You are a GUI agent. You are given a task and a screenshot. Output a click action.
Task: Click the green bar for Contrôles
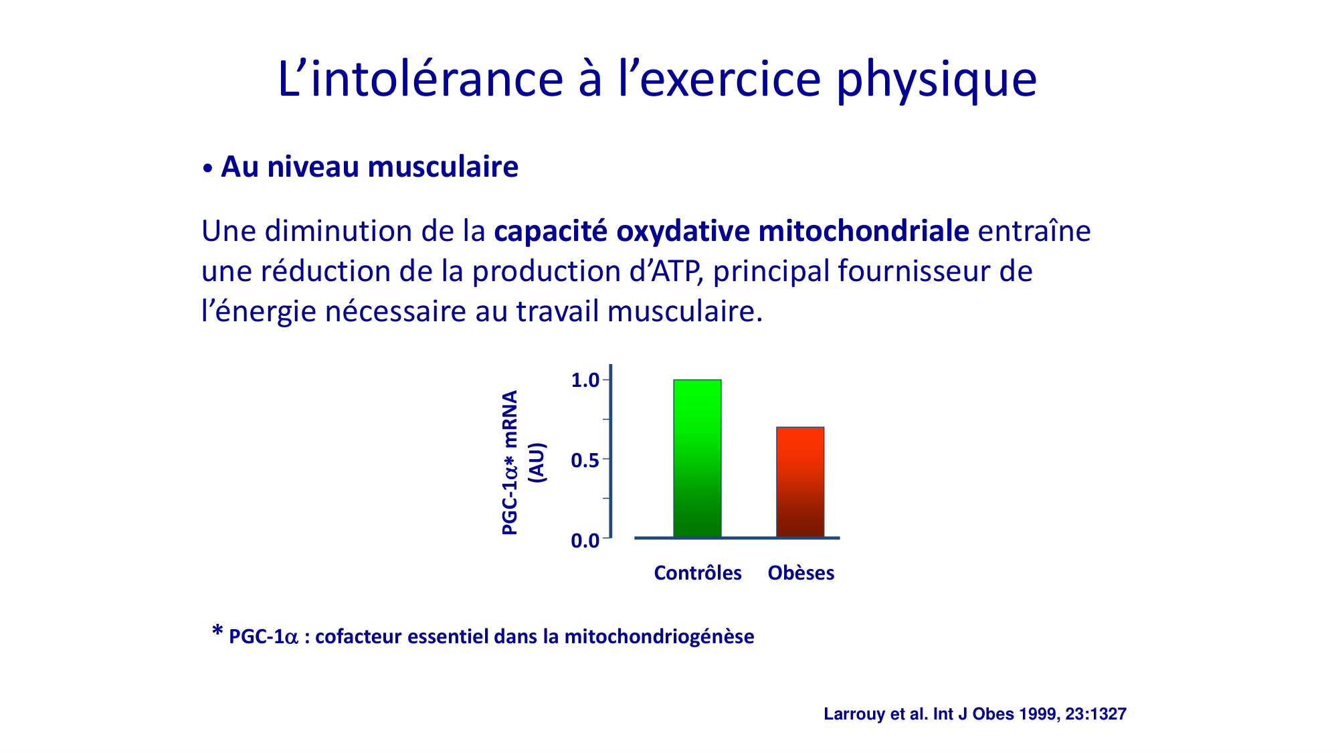tap(697, 458)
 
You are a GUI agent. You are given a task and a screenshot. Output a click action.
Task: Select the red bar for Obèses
tap(800, 482)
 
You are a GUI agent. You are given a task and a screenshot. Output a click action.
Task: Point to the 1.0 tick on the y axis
tap(585, 380)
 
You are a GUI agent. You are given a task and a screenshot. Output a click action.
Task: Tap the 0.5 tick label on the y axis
tap(585, 461)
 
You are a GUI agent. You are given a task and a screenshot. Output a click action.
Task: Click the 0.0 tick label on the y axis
tap(585, 540)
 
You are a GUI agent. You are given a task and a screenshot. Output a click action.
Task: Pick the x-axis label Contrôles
tap(698, 573)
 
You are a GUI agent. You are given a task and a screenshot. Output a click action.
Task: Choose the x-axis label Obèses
tap(801, 573)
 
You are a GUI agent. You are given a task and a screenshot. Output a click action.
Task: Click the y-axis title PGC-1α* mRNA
tap(510, 463)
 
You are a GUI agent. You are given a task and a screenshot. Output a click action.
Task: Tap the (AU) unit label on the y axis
tap(537, 463)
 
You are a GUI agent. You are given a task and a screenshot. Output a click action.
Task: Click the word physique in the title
tap(937, 80)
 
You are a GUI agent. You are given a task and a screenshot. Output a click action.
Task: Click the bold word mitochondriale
tap(864, 231)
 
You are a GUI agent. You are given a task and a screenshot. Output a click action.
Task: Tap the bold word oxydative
tap(683, 231)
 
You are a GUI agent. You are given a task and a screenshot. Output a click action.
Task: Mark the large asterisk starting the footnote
tap(217, 631)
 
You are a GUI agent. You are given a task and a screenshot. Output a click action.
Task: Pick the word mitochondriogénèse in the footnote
tap(659, 636)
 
